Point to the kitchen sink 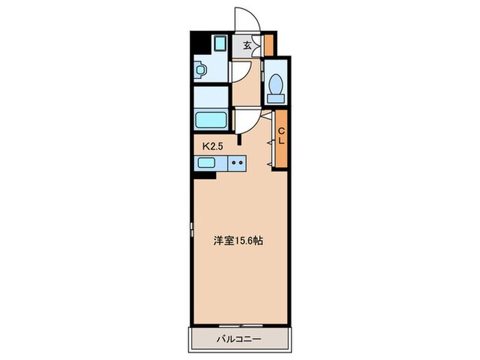[206, 163]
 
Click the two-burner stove [237, 163]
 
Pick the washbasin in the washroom [201, 70]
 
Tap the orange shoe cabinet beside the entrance [269, 45]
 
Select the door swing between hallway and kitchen [245, 122]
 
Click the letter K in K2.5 [204, 145]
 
